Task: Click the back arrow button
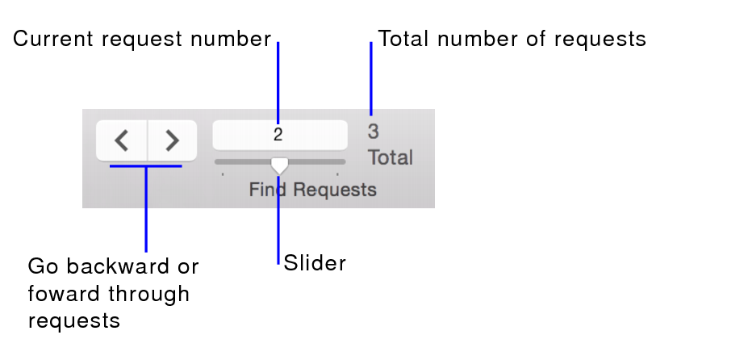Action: click(122, 140)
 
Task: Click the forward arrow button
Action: click(172, 140)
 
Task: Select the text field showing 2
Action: click(279, 135)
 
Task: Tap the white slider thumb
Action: click(279, 165)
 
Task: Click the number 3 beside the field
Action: click(374, 131)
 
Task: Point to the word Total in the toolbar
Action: click(391, 157)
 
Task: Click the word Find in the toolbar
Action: click(267, 190)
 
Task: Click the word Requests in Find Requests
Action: click(334, 190)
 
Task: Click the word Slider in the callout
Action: click(315, 263)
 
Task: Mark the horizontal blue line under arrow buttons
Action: click(145, 166)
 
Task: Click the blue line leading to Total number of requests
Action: click(371, 77)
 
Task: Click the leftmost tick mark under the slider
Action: click(223, 174)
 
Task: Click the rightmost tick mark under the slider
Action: click(337, 174)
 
